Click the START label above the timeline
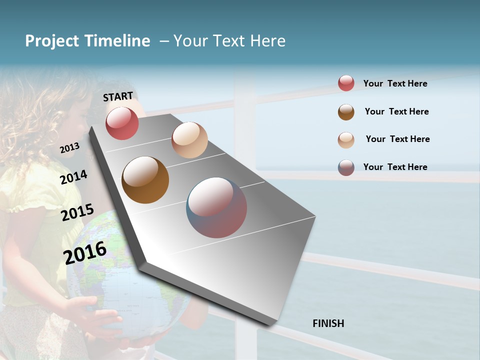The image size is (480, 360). pyautogui.click(x=118, y=96)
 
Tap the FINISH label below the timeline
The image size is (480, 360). pyautogui.click(x=328, y=323)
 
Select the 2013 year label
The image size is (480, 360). pyautogui.click(x=69, y=148)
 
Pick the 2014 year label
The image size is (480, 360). pyautogui.click(x=74, y=177)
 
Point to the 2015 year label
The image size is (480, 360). pyautogui.click(x=77, y=212)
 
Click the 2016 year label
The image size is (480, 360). pyautogui.click(x=85, y=252)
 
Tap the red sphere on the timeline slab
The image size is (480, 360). pyautogui.click(x=122, y=123)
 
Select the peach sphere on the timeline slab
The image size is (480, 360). pyautogui.click(x=189, y=140)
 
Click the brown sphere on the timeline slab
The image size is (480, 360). pyautogui.click(x=145, y=180)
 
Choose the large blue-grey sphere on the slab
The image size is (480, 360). pyautogui.click(x=216, y=207)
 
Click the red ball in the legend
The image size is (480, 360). pyautogui.click(x=346, y=83)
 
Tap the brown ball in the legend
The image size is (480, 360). pyautogui.click(x=346, y=112)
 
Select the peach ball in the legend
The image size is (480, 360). pyautogui.click(x=346, y=140)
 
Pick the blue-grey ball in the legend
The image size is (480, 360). pyautogui.click(x=346, y=167)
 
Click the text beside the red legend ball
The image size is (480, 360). pyautogui.click(x=395, y=84)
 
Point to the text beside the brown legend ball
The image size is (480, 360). pyautogui.click(x=397, y=111)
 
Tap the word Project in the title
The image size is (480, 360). pyautogui.click(x=52, y=41)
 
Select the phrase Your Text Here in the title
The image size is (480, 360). pyautogui.click(x=229, y=41)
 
